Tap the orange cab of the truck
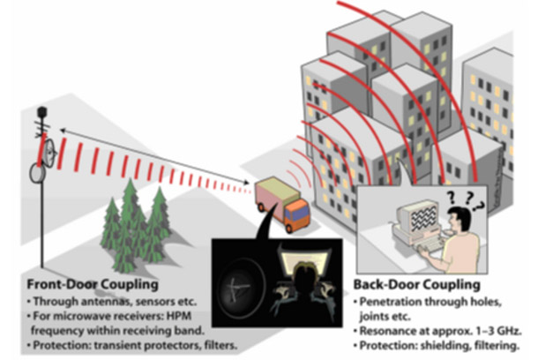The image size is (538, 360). [x=297, y=214]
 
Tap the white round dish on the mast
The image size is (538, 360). [x=39, y=174]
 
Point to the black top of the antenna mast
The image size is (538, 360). [x=41, y=112]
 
